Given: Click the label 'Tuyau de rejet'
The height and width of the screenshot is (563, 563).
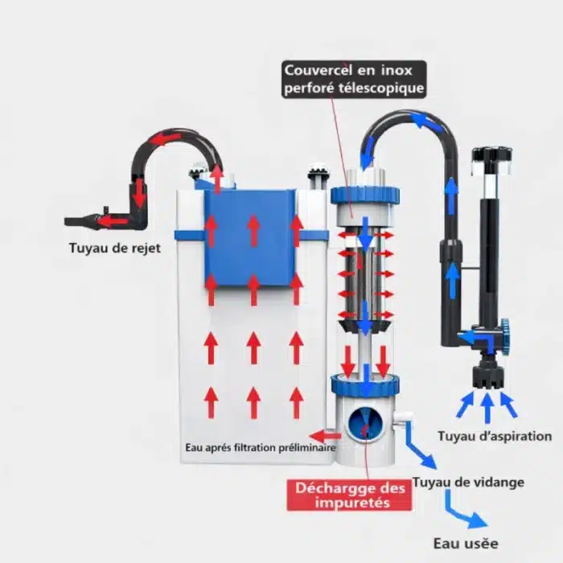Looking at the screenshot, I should coord(113,248).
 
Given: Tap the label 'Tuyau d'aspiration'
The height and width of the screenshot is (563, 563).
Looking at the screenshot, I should coord(494,437).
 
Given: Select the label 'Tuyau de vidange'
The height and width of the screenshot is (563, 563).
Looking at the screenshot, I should coord(468,483).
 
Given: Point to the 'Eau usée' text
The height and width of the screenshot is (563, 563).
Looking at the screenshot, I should coord(465,544).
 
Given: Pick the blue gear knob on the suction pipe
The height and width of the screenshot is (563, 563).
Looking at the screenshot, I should coord(505,330).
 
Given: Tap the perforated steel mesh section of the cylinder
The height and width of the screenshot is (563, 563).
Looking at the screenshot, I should coord(365,277).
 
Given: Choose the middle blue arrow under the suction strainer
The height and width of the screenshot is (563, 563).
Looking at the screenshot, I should coord(487,406).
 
